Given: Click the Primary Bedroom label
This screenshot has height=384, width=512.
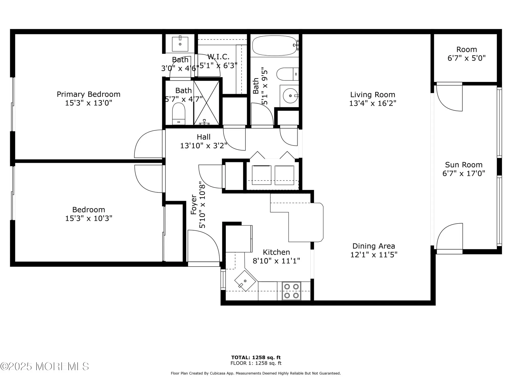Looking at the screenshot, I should click(x=88, y=94).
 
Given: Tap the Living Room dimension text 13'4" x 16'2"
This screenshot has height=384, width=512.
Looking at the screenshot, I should click(x=372, y=103).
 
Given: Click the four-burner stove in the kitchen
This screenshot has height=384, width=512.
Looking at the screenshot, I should click(x=291, y=291).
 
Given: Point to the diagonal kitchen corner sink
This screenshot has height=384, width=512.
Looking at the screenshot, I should click(x=245, y=281).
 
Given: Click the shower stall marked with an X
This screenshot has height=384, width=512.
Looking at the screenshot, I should click(x=206, y=103).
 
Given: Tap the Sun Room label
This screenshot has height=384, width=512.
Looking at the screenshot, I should click(x=464, y=165).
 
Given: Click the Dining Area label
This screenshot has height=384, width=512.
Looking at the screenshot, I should click(x=374, y=246).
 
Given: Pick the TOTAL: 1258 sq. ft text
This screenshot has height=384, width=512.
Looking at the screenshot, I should click(x=256, y=357).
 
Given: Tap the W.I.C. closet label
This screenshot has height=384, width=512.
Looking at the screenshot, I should click(x=218, y=57).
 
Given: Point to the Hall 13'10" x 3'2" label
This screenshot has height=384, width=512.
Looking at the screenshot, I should click(x=204, y=141).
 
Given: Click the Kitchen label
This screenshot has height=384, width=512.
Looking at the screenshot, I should click(x=276, y=252).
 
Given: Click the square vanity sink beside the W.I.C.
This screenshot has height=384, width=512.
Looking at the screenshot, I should click(x=180, y=44).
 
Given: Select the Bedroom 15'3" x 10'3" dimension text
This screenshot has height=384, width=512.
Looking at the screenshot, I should click(x=89, y=218).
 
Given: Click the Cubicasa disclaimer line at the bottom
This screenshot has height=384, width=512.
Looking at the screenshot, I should click(x=256, y=373).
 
